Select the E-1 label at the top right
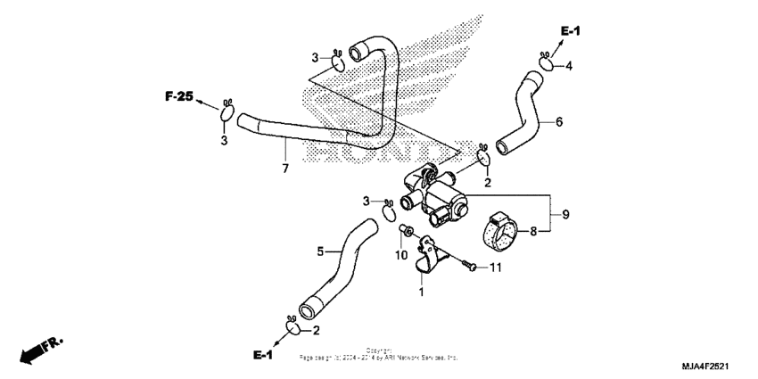click(x=570, y=31)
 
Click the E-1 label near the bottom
click(x=262, y=355)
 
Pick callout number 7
click(x=285, y=169)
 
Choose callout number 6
click(x=559, y=122)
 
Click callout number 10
click(x=401, y=256)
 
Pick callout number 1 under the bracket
click(x=422, y=291)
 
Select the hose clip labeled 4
click(x=544, y=61)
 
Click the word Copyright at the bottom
click(x=378, y=350)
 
